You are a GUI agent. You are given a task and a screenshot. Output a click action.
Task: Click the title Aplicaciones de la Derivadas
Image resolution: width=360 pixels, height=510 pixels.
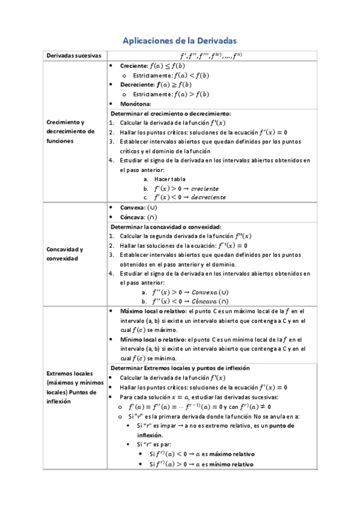180,40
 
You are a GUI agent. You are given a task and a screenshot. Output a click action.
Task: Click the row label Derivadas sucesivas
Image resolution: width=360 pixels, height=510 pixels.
73,56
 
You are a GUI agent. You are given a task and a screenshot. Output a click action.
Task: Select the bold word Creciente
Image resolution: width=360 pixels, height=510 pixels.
133,66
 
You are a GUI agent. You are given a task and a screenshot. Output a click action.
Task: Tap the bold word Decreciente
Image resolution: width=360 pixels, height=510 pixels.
136,85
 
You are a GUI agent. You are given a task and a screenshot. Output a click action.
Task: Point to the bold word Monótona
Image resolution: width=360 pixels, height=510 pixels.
135,104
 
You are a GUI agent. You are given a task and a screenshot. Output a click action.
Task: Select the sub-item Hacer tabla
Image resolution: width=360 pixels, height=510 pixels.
169,179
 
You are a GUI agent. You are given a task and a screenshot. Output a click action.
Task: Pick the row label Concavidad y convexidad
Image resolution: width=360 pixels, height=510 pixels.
65,253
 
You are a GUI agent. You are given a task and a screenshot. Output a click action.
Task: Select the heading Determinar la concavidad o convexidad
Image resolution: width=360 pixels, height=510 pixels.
166,227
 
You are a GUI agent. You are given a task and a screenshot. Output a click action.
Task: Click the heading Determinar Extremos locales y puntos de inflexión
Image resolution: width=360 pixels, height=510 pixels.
180,367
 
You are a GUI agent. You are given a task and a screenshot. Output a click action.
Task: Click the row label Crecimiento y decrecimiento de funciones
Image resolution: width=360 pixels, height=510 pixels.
70,132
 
